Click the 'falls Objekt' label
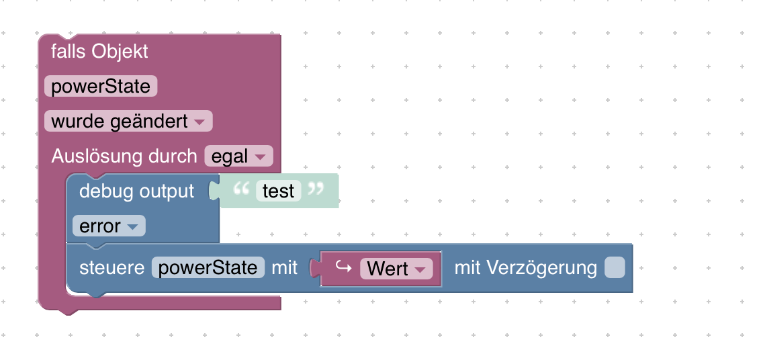pos(99,52)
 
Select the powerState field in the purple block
pos(101,87)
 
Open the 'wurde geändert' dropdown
pos(128,122)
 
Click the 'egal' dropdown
pos(238,156)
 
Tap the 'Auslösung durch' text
pos(125,156)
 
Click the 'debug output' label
pos(136,191)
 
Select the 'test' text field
pos(279,191)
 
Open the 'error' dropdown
pos(108,227)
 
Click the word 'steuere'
pos(111,268)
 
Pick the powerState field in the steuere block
pos(208,268)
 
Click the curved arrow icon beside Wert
pos(343,268)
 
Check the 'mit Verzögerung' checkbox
pos(615,268)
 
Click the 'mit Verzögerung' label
pos(525,268)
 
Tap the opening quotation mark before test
pos(240,190)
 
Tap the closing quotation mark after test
pos(315,190)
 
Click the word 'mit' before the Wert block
pos(284,268)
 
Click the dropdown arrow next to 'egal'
pos(261,157)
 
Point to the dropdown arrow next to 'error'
pos(133,228)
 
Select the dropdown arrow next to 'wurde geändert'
pos(200,122)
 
